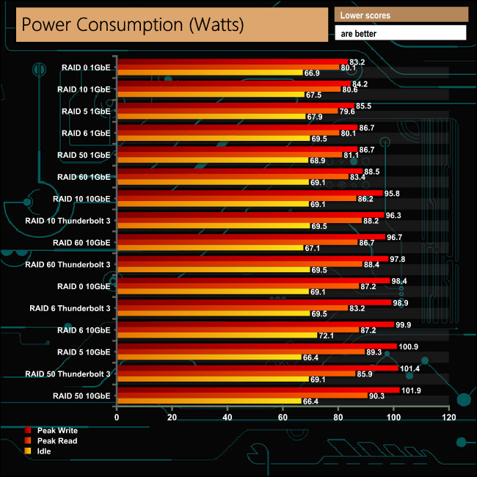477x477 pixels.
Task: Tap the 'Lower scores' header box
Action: pos(400,15)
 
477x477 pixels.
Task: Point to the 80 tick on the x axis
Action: pos(338,417)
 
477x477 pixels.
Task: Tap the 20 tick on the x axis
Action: pos(172,417)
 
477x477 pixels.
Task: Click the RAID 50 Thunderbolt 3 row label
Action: pos(68,374)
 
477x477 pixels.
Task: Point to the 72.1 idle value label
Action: pos(327,335)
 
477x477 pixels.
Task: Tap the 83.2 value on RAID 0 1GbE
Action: pos(358,62)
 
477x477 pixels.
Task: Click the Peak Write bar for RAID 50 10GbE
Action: pos(258,390)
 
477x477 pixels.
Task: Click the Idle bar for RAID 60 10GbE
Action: pos(209,247)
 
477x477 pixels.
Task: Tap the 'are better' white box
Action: pos(400,32)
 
